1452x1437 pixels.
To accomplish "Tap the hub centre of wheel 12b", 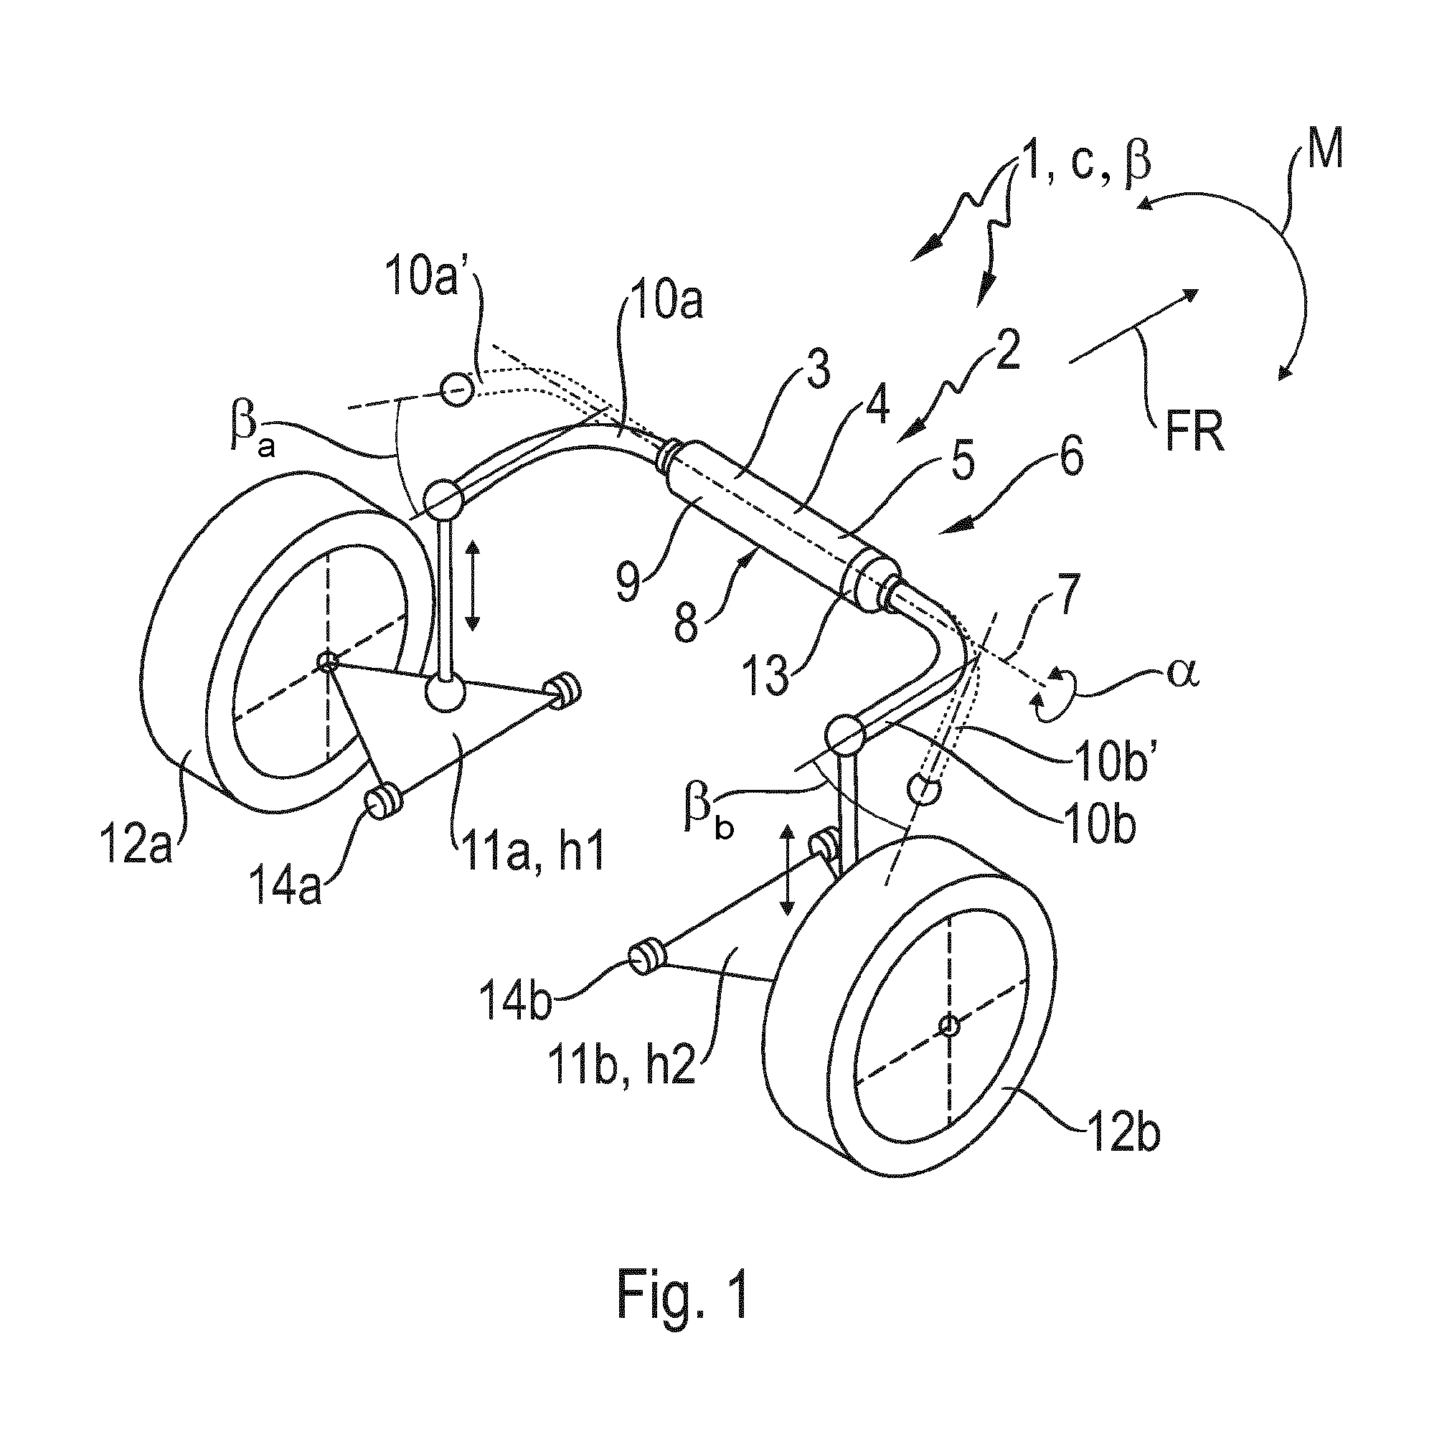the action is (x=950, y=1024).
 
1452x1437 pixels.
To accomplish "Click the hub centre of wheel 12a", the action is (x=327, y=662).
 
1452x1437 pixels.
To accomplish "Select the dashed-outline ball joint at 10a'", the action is (x=456, y=390).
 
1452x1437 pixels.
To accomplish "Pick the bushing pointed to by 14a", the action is (x=383, y=802).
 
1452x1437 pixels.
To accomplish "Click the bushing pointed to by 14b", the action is (x=646, y=957).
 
